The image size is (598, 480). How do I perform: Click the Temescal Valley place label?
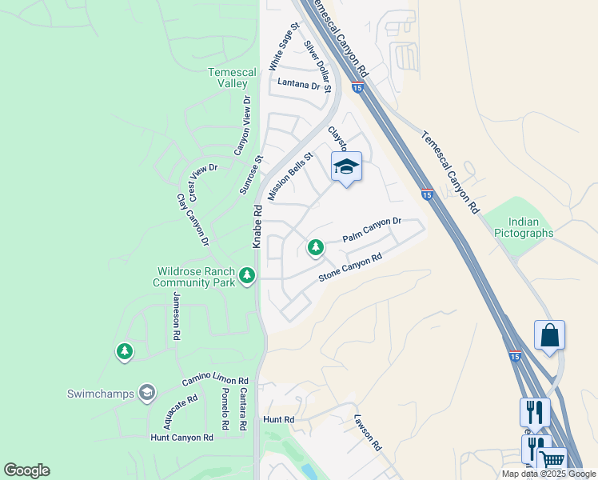pyautogui.click(x=232, y=78)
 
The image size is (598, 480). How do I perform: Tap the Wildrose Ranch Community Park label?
pyautogui.click(x=194, y=277)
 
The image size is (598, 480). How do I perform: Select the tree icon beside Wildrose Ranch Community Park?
pyautogui.click(x=247, y=276)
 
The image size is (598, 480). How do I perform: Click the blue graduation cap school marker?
pyautogui.click(x=346, y=166)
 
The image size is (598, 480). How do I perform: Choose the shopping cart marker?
pyautogui.click(x=552, y=459)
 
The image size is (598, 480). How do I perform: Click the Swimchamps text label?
pyautogui.click(x=100, y=393)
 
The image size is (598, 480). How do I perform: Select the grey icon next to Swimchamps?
pyautogui.click(x=146, y=392)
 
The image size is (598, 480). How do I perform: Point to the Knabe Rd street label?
pyautogui.click(x=257, y=226)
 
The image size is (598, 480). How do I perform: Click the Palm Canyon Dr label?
pyautogui.click(x=372, y=230)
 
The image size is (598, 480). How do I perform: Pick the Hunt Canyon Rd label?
pyautogui.click(x=182, y=438)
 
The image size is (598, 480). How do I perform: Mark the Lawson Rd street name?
pyautogui.click(x=367, y=433)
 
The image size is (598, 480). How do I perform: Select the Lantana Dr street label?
pyautogui.click(x=298, y=82)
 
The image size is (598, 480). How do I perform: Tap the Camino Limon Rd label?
pyautogui.click(x=215, y=380)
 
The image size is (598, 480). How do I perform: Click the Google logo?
pyautogui.click(x=26, y=470)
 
